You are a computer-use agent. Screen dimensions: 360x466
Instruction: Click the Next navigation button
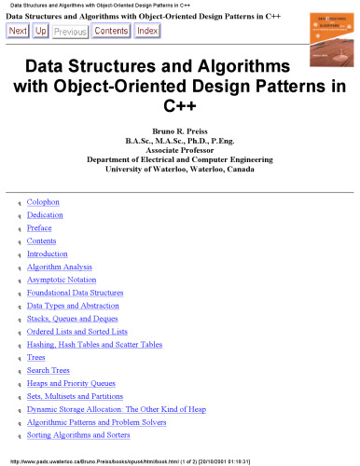(x=18, y=31)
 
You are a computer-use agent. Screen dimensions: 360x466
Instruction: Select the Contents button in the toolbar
(x=111, y=31)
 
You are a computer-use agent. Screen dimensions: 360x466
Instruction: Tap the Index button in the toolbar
(x=146, y=31)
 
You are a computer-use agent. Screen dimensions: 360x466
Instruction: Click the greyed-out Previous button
(x=70, y=31)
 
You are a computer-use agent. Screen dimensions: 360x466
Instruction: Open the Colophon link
(x=45, y=201)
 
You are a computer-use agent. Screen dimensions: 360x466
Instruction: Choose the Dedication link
(x=46, y=214)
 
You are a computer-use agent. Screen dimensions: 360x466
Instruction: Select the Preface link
(x=40, y=227)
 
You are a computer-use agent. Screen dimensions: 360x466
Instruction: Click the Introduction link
(x=48, y=254)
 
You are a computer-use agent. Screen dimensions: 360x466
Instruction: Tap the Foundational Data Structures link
(x=75, y=293)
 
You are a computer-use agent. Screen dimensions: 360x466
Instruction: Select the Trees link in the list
(x=37, y=357)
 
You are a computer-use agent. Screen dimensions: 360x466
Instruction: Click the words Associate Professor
(x=181, y=149)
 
